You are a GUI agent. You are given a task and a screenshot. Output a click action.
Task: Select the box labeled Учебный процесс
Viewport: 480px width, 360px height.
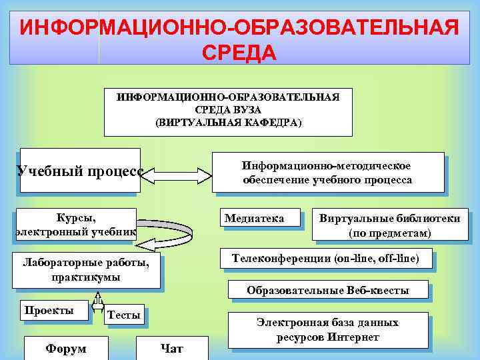point(80,170)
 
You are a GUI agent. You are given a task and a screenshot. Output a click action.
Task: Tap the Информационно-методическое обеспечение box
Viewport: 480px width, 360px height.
point(327,173)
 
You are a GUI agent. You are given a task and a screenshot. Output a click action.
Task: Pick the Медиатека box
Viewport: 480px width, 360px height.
point(254,219)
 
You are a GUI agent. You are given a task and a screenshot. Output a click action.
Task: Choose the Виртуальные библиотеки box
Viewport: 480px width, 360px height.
point(389,225)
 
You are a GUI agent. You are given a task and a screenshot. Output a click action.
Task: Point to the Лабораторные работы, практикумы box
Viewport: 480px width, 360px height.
point(86,270)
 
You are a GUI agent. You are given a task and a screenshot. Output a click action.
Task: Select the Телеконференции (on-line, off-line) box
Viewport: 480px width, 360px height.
point(325,259)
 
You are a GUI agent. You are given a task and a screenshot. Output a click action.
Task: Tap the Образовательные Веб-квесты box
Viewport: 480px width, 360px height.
point(327,291)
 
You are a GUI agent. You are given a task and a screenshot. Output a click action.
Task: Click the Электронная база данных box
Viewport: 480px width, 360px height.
point(327,329)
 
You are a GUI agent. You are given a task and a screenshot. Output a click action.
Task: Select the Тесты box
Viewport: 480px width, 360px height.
point(124,315)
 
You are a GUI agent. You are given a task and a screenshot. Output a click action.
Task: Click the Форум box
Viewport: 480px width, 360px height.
point(65,348)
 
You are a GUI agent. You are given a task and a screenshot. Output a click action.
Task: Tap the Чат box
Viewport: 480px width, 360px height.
point(171,348)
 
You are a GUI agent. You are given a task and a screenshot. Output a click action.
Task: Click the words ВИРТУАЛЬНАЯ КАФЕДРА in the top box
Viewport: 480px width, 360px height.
point(229,123)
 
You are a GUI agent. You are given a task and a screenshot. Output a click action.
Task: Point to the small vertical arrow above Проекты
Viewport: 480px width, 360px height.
point(98,303)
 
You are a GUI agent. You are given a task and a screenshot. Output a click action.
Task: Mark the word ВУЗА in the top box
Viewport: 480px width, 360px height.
point(247,109)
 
